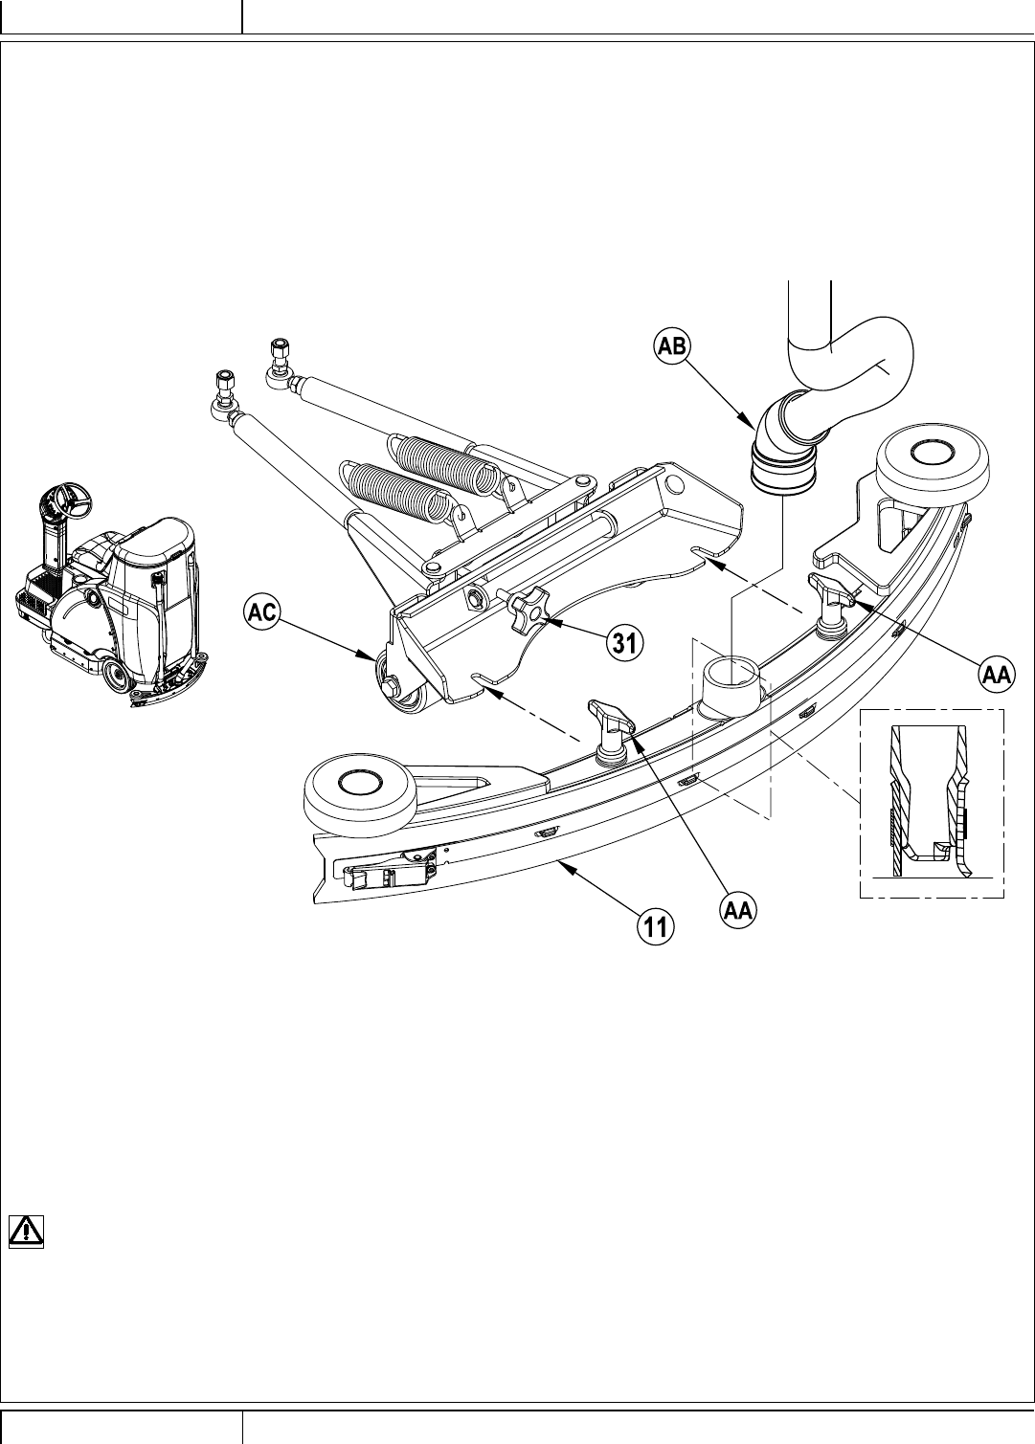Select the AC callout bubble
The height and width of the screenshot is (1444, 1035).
point(260,612)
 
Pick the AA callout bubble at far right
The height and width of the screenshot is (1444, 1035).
point(996,675)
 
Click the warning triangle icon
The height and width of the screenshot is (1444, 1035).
point(25,1231)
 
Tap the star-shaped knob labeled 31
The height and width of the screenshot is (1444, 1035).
point(526,611)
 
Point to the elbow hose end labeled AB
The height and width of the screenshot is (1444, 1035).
point(781,469)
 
